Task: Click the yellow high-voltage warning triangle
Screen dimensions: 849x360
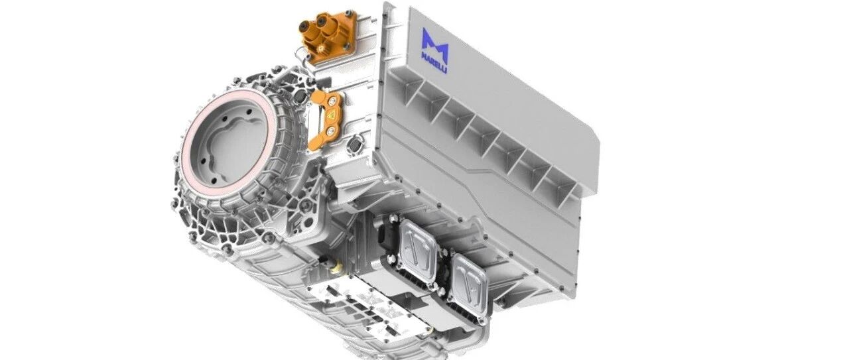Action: coord(330,115)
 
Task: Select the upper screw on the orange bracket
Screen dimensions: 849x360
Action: coord(332,100)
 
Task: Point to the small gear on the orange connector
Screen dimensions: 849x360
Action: coord(323,49)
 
